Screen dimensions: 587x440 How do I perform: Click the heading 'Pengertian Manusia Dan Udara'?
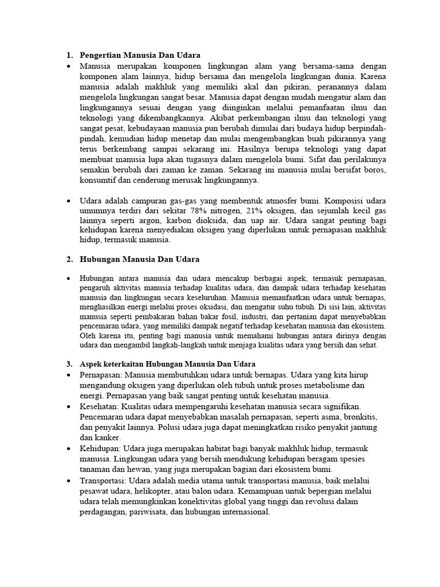point(140,56)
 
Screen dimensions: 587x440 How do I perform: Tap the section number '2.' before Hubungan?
point(69,260)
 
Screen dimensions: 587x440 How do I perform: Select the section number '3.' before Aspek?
point(69,364)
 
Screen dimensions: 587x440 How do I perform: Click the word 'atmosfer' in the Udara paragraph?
point(280,201)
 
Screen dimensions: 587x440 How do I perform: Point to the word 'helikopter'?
point(149,491)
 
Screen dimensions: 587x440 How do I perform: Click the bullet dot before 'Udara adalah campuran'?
point(69,202)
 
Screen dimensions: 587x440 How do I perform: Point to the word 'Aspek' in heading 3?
point(91,364)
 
